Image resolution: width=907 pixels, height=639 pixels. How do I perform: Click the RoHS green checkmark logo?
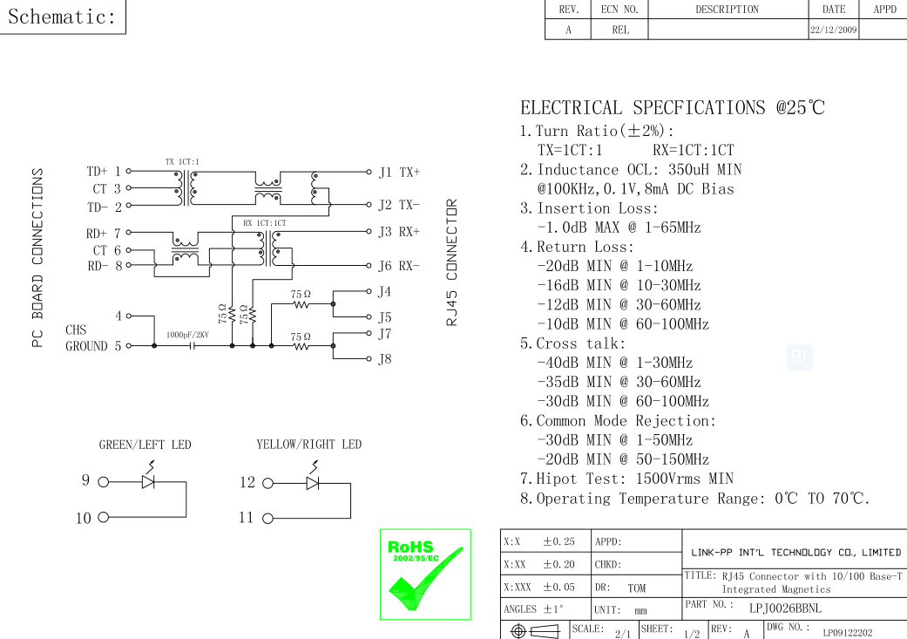coord(425,574)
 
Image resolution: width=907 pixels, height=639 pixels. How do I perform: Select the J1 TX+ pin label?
coord(398,173)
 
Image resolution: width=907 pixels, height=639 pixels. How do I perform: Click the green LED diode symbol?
coord(148,482)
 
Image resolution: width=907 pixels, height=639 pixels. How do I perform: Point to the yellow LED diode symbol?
coord(311,482)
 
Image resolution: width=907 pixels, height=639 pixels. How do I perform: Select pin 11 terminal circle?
coord(267,518)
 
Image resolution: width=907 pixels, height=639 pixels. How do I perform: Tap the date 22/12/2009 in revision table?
coord(833,30)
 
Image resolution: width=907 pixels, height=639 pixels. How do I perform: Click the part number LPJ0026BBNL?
coord(784,607)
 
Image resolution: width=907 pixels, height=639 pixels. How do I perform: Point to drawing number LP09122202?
coord(848,632)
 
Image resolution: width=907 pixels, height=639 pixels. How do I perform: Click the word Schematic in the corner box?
coord(62,16)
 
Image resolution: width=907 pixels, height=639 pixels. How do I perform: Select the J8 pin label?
coord(385,359)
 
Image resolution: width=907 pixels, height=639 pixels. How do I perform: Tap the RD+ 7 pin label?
coord(103,233)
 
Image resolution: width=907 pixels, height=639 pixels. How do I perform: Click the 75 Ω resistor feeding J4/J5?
coord(301,305)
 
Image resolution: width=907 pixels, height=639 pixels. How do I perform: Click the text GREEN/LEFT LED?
coord(145,445)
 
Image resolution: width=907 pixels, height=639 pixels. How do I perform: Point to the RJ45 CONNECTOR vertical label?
coord(451,262)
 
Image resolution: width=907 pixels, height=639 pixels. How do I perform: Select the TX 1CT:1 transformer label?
coord(182,162)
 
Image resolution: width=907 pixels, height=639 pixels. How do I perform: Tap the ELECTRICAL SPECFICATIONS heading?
coord(672,108)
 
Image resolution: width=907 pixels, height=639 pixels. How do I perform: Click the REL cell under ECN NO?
coord(620,30)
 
